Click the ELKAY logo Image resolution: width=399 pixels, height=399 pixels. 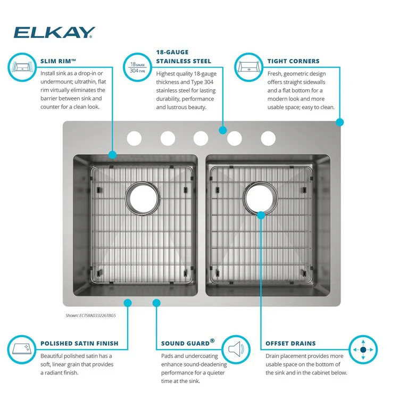coord(54,32)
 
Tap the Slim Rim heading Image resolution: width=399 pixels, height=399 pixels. coord(59,61)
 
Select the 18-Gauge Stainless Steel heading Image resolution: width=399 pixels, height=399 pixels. coord(184,57)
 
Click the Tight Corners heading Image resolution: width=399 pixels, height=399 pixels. coord(293,61)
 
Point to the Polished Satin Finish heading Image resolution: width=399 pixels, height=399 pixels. coord(79,343)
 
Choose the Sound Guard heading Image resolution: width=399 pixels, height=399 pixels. coord(188,343)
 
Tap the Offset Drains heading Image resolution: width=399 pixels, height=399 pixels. coord(290,343)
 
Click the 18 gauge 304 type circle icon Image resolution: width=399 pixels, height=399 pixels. coord(137,68)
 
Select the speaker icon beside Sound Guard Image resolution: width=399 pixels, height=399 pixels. coord(236,349)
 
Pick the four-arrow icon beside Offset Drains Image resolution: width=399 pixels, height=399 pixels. coord(363,350)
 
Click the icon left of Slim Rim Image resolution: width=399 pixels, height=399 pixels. coord(22,68)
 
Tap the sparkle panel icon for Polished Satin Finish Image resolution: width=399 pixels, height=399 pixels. coord(22,350)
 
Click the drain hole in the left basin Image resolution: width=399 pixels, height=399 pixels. coord(142,198)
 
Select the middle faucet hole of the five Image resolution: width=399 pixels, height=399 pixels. coord(201,138)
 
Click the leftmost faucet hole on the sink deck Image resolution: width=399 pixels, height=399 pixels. coord(134,138)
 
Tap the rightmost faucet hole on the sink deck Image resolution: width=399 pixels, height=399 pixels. coord(268,138)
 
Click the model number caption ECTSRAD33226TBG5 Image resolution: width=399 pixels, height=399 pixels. coord(90,315)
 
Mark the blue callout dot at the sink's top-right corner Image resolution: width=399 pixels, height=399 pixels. coord(340,122)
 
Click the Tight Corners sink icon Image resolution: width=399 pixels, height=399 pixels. coord(249,68)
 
